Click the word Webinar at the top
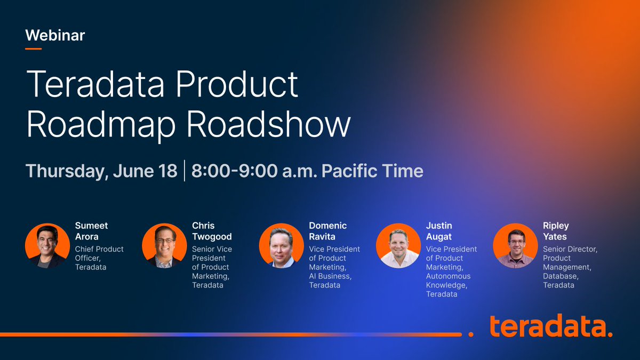point(55,35)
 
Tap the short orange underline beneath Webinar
point(34,49)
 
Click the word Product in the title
point(237,85)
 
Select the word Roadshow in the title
point(269,125)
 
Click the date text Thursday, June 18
point(101,171)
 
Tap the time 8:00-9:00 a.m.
point(254,171)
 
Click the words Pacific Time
point(372,171)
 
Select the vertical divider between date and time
point(185,171)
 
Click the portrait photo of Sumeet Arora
point(47,246)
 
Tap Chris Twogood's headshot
point(164,246)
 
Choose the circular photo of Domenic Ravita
point(282,246)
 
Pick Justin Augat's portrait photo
point(398,246)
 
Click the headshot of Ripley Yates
point(515,246)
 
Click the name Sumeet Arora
point(91,231)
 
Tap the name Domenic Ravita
point(327,231)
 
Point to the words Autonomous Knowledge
point(448,281)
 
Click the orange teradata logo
point(551,326)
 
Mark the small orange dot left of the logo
point(471,334)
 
